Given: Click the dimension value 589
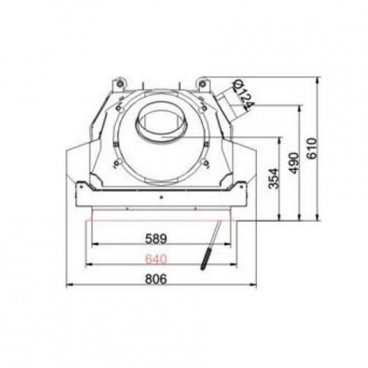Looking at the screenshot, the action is [x=156, y=238].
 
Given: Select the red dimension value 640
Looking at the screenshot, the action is [x=156, y=259].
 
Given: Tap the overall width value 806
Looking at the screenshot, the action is [x=156, y=279].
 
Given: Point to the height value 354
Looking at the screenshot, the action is [x=273, y=178].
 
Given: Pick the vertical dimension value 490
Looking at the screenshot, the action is [x=294, y=163].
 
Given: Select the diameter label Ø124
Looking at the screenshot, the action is [x=243, y=95].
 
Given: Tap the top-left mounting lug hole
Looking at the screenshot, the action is [x=120, y=83].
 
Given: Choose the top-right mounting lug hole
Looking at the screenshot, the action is [x=202, y=83].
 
